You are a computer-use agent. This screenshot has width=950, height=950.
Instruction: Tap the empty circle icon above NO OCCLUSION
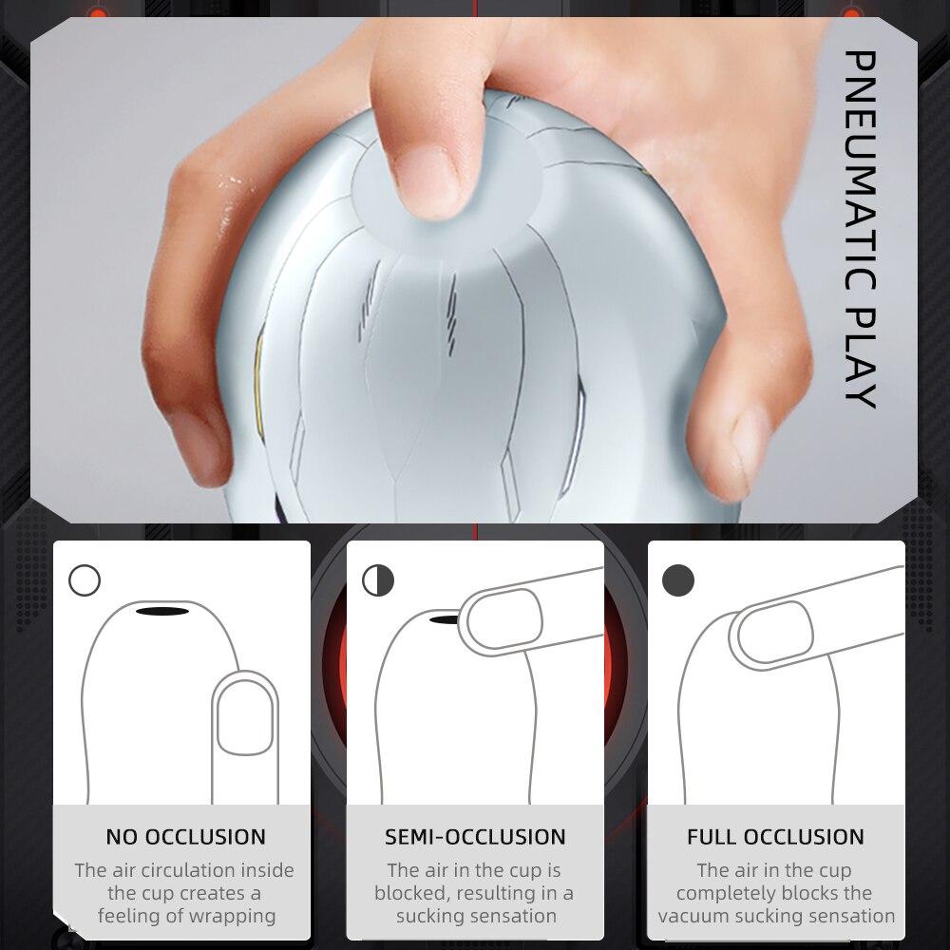pyautogui.click(x=85, y=579)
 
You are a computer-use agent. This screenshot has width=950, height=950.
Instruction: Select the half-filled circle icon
pyautogui.click(x=378, y=579)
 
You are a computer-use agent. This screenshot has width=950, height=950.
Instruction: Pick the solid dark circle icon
pyautogui.click(x=678, y=579)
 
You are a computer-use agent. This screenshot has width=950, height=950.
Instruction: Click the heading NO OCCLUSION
pyautogui.click(x=186, y=837)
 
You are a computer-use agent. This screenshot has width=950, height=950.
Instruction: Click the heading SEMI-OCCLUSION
pyautogui.click(x=475, y=837)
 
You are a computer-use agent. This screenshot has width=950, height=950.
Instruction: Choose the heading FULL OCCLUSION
pyautogui.click(x=776, y=837)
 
